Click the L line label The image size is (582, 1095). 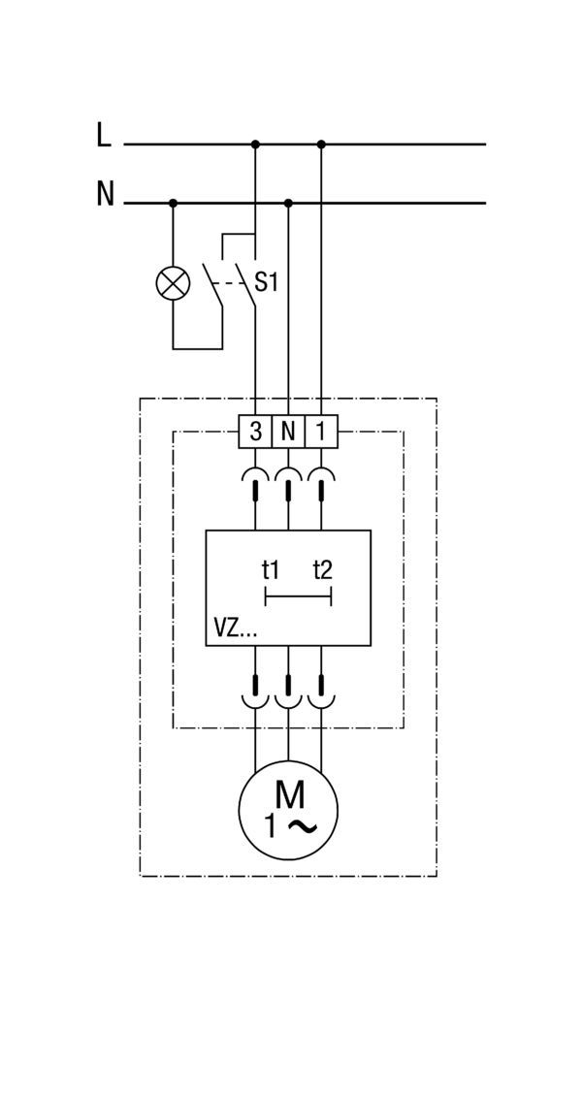tap(104, 135)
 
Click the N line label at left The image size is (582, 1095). tap(105, 193)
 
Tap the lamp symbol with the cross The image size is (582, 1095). tap(173, 283)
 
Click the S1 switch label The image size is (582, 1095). tap(267, 282)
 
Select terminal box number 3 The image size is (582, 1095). tap(256, 432)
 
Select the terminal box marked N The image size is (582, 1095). tap(288, 432)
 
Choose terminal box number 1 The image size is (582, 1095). tap(321, 432)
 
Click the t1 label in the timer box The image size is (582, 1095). tap(271, 570)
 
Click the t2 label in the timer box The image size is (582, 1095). tap(323, 570)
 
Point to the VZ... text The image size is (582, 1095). tap(236, 629)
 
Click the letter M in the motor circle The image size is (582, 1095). tap(289, 794)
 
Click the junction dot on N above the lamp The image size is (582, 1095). tap(174, 204)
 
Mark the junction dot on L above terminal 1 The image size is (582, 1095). tap(321, 145)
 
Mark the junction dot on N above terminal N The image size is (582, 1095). tap(288, 204)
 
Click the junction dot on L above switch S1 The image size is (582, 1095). tap(255, 145)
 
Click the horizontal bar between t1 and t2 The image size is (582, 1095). tap(299, 597)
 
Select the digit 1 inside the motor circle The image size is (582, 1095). tap(271, 826)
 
